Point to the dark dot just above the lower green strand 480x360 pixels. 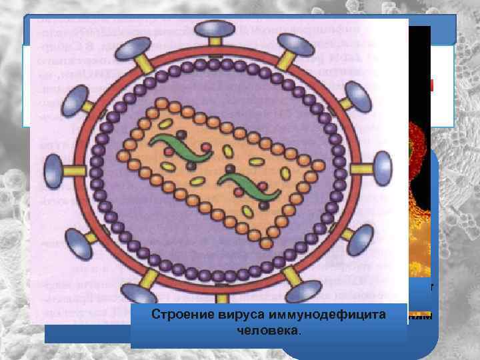[229, 167]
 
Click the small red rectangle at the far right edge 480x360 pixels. [431, 85]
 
